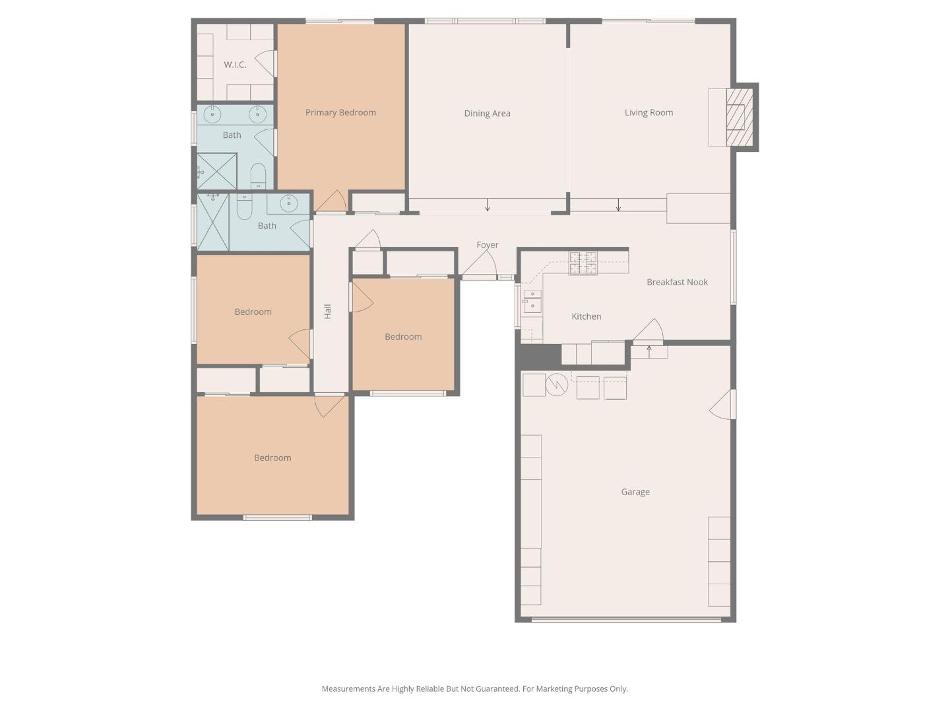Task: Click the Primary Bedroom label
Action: pyautogui.click(x=340, y=113)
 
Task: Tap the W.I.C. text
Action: pyautogui.click(x=235, y=65)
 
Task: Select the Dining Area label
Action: pyautogui.click(x=487, y=114)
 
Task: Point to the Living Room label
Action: pyautogui.click(x=649, y=113)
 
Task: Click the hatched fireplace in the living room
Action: pyautogui.click(x=739, y=117)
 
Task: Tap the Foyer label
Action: pyautogui.click(x=488, y=245)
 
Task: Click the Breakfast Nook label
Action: pyautogui.click(x=677, y=283)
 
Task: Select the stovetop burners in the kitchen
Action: pyautogui.click(x=583, y=262)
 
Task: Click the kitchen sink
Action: pyautogui.click(x=532, y=301)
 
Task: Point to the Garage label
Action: pyautogui.click(x=635, y=492)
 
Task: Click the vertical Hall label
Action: pyautogui.click(x=328, y=312)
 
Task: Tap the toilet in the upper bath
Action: pyautogui.click(x=258, y=176)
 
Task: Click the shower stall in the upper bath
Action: pyautogui.click(x=217, y=170)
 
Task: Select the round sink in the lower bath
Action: pyautogui.click(x=289, y=203)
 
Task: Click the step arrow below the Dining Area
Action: pyautogui.click(x=488, y=205)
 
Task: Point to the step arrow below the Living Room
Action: pyautogui.click(x=618, y=205)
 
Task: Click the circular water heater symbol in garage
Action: pyautogui.click(x=557, y=384)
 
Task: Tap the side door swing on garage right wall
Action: pyautogui.click(x=723, y=404)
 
